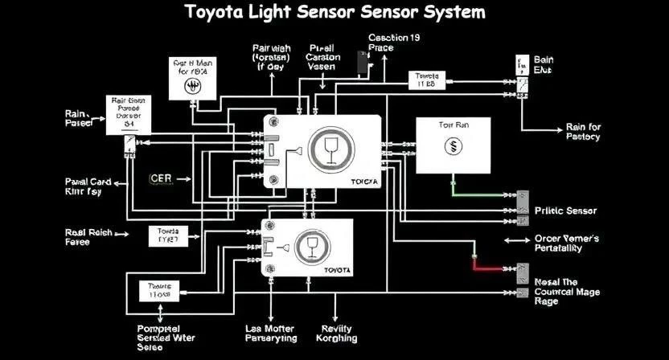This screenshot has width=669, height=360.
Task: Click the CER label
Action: pos(162,178)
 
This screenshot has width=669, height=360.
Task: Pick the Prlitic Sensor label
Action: pos(565,211)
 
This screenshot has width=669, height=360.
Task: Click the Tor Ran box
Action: pos(453,145)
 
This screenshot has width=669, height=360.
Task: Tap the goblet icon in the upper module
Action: pos(329,149)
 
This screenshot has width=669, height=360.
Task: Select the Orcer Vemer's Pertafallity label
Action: pos(567,243)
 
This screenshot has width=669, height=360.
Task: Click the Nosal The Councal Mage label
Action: pos(566,291)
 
